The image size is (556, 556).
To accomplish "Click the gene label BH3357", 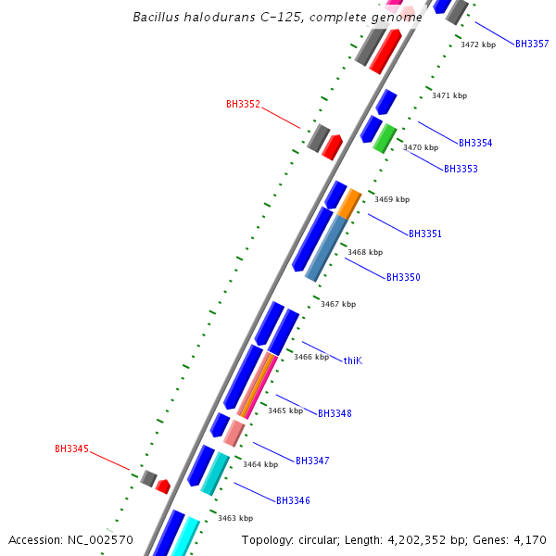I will coord(532,44).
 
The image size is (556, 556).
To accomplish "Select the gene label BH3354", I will coord(475,144).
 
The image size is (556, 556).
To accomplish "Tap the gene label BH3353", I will coord(461,170).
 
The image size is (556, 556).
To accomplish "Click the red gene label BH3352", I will coord(243,105).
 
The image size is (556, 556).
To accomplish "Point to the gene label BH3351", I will coord(425,234).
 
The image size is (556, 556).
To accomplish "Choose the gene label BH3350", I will coord(403,278).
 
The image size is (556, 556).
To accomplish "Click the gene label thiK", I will coord(353,360).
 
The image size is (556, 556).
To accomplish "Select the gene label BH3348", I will coord(335,413).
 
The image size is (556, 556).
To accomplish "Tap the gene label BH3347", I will coord(312,461).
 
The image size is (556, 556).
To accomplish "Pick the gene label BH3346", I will coord(293,501).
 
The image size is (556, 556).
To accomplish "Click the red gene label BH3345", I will coord(71,449).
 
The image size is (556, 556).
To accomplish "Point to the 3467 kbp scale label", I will coord(338,304).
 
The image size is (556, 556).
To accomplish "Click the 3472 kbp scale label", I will coord(478,44).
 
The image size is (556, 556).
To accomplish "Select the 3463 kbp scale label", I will coord(235,519).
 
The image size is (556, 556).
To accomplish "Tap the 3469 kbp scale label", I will coord(392,199).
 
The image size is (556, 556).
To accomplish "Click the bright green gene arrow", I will coord(385,138).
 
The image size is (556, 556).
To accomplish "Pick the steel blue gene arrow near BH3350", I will coord(325,249).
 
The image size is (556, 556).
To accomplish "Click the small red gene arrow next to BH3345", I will coord(163,486).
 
